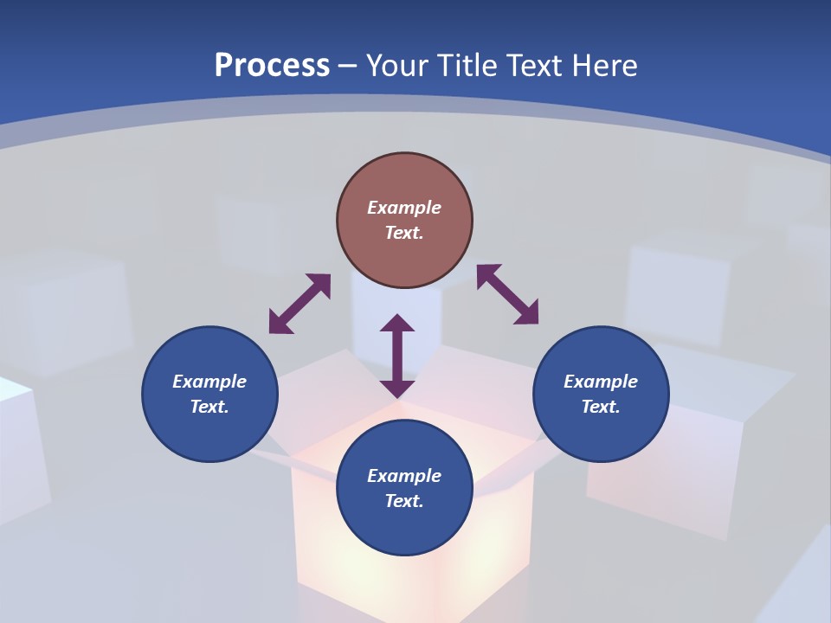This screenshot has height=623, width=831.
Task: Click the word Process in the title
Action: pos(272,66)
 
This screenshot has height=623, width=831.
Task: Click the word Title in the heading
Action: pos(471,66)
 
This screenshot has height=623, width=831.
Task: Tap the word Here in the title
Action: pos(603,66)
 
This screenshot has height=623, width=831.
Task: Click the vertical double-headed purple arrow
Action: pos(397,356)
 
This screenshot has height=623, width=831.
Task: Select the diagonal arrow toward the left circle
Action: pos(300,304)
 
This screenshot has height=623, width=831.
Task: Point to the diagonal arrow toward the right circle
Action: pos(507,295)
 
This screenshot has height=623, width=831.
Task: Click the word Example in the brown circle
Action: pos(404,208)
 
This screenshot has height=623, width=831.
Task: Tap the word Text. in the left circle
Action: pos(209,407)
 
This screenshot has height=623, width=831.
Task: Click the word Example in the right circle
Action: pos(601,382)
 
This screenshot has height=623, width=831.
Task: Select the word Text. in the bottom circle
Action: pos(404,501)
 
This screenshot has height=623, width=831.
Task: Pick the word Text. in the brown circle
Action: pos(404,233)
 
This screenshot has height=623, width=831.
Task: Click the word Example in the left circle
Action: pos(209,382)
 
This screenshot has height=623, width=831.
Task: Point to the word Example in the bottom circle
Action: pos(404,476)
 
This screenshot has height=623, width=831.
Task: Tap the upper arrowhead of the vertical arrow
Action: pos(397,324)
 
